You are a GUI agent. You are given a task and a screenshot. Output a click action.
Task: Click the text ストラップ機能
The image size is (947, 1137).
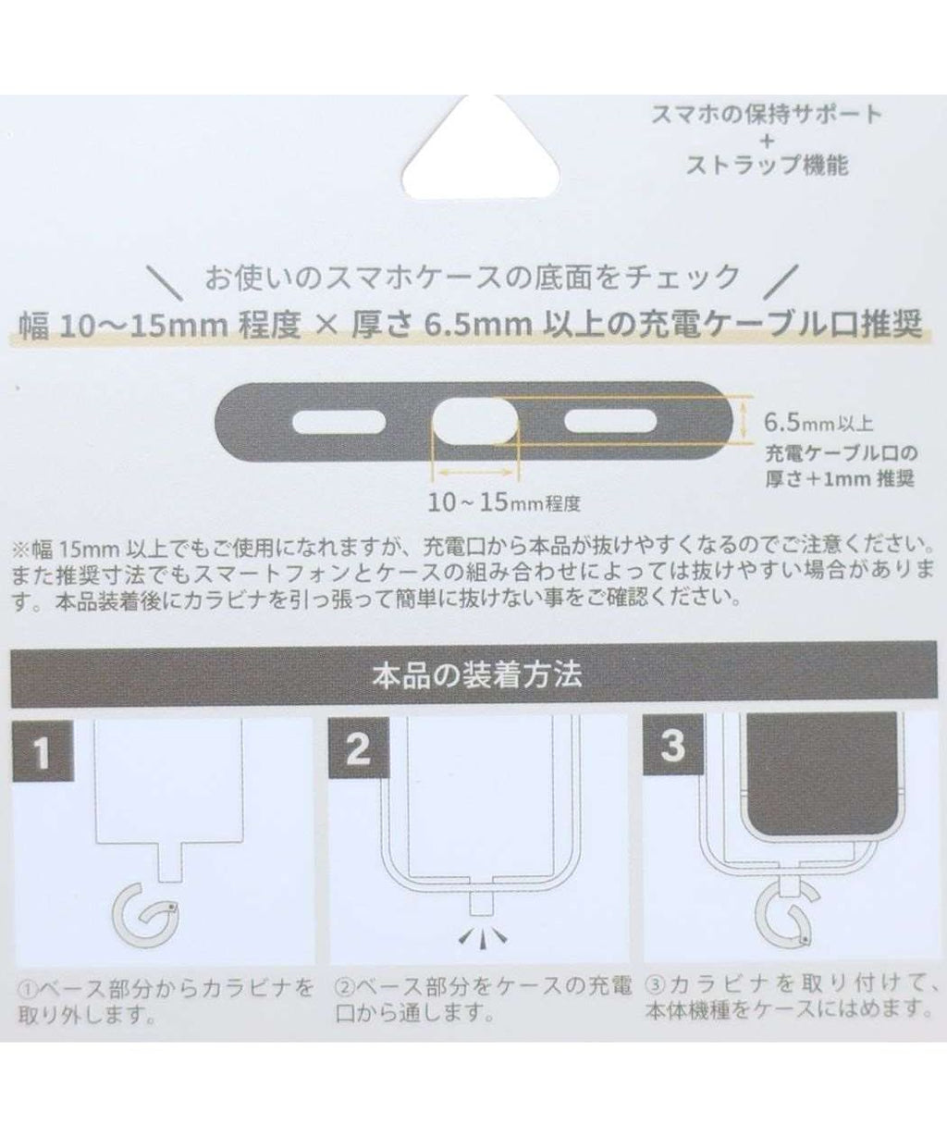coord(768,165)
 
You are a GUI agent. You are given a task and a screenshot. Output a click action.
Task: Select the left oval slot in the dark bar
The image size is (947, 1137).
coord(339,422)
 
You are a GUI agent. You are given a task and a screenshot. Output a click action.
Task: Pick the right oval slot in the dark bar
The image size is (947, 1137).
coord(610,422)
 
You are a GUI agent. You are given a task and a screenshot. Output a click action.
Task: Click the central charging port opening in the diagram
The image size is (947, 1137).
coord(474,421)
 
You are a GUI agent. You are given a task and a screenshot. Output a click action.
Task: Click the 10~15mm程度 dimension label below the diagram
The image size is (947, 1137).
coord(504,502)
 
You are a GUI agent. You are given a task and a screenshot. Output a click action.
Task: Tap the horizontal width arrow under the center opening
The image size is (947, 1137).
coord(474,473)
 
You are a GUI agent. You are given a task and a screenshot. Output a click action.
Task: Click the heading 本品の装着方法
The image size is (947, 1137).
coord(477,674)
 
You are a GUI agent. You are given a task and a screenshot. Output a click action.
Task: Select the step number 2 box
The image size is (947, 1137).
coord(359,748)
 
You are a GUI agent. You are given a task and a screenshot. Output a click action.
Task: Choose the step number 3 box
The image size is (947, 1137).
coord(673,746)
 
